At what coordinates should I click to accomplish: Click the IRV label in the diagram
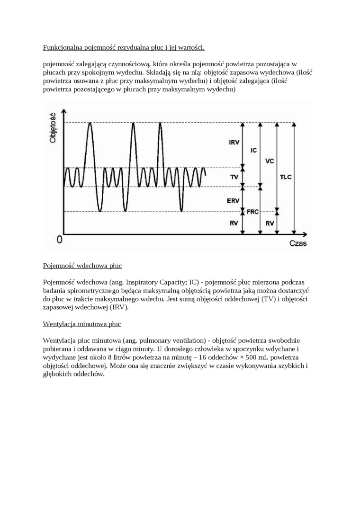click(x=234, y=143)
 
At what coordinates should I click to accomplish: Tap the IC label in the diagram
click(x=253, y=150)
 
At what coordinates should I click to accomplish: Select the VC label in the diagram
click(x=270, y=161)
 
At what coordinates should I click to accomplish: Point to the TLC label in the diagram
click(x=286, y=177)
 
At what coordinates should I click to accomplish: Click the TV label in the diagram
click(x=234, y=177)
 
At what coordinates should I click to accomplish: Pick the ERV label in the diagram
click(x=233, y=200)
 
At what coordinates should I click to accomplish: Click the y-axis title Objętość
click(x=53, y=127)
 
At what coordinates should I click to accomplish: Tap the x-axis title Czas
click(x=298, y=243)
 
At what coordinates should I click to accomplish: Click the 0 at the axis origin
click(x=59, y=240)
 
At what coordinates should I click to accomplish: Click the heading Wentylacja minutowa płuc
click(x=82, y=324)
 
